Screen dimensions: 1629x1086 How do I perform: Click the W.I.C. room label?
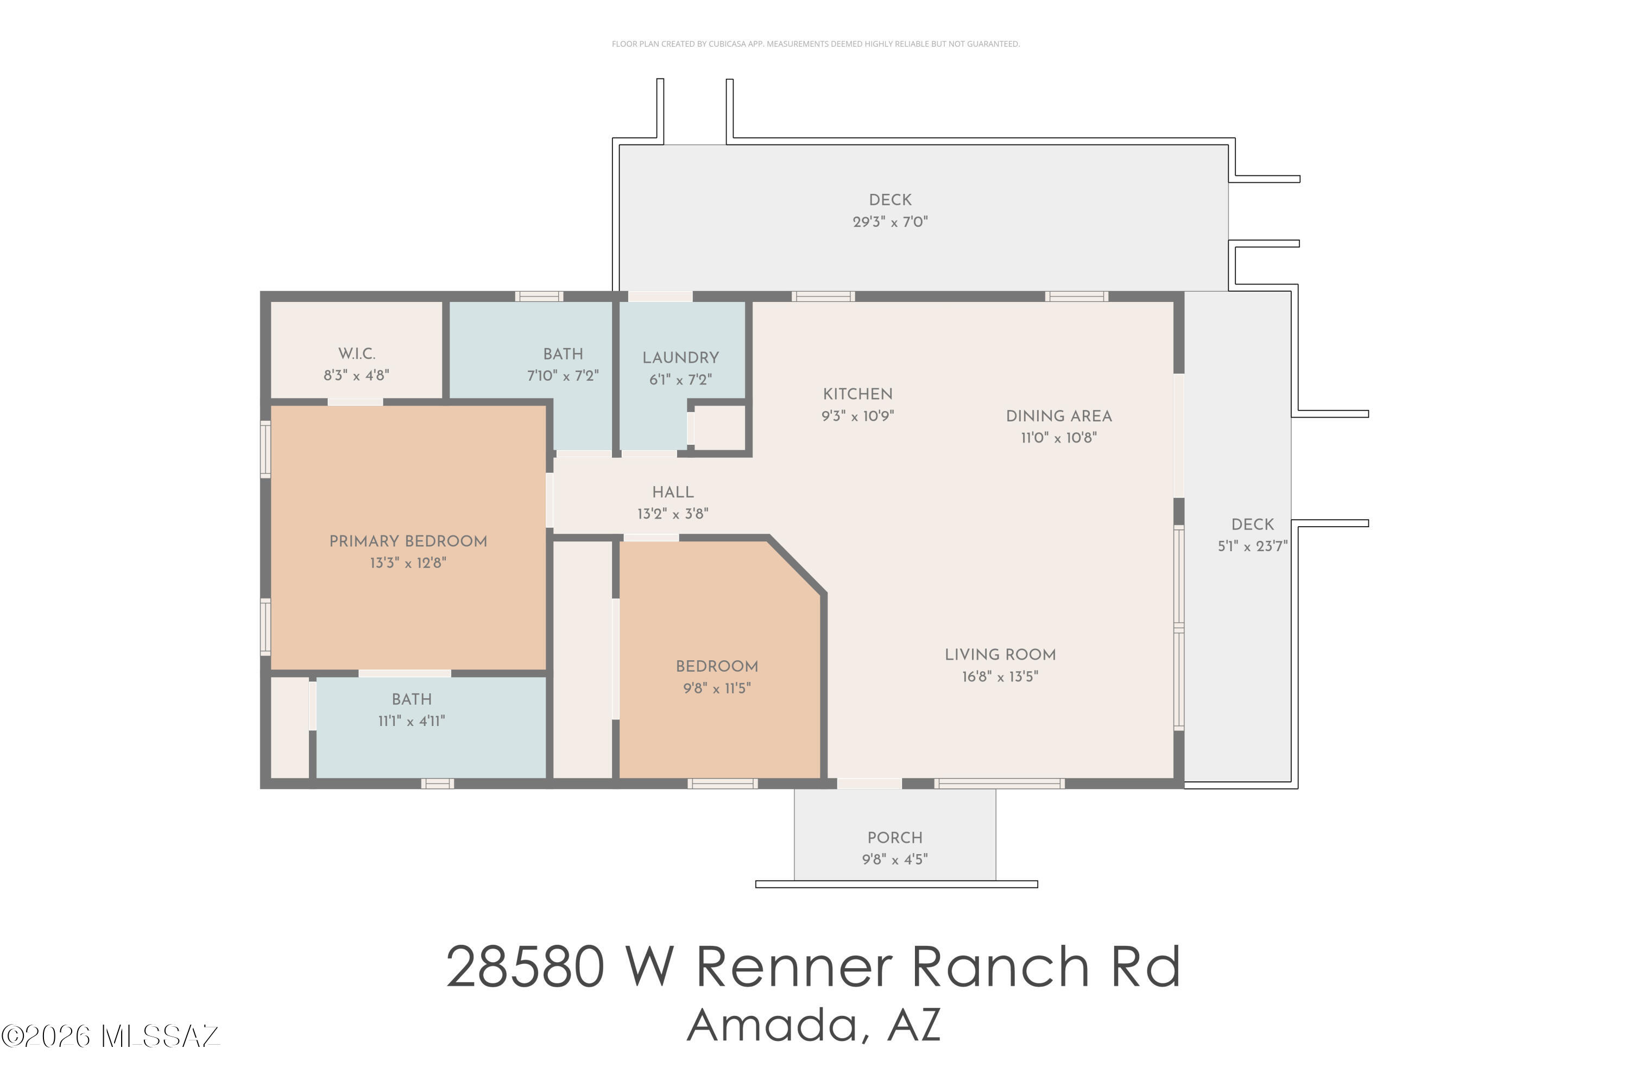point(357,354)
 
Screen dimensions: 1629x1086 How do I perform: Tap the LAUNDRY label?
point(680,358)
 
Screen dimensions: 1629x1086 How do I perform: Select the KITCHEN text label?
point(857,394)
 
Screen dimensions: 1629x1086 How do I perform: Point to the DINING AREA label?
point(1058,416)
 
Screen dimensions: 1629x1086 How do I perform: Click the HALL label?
point(673,493)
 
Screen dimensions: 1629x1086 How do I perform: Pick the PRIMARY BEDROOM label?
point(408,541)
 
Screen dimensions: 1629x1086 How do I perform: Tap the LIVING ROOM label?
point(1000,654)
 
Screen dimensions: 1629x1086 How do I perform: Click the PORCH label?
point(895,838)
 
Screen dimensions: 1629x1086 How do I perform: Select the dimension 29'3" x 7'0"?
point(890,222)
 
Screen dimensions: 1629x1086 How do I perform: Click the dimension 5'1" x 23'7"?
point(1252,546)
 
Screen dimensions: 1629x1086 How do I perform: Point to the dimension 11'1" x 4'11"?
point(412,721)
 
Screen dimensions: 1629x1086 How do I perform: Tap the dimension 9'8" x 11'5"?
point(717,689)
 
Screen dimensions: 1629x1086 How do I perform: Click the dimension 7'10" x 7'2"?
point(563,375)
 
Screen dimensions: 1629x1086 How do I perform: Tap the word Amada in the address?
point(772,1026)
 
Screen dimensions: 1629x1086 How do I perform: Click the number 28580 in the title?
point(526,968)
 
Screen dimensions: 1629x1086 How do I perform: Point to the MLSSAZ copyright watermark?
point(110,1037)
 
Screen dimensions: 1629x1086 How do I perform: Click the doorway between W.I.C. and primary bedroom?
point(355,402)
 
